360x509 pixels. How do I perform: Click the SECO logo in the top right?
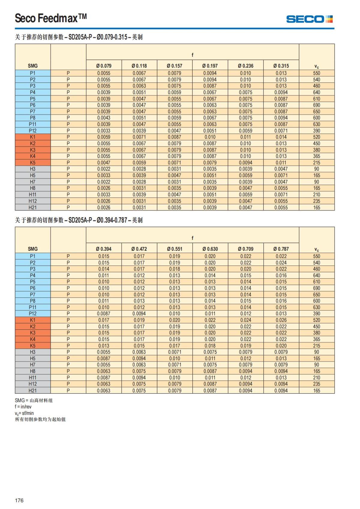(x=309, y=19)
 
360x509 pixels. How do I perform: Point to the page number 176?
(x=19, y=500)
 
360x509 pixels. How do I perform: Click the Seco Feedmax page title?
(x=51, y=18)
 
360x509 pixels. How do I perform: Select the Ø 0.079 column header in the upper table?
(x=104, y=66)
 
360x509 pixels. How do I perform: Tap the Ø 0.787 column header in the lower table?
(x=281, y=249)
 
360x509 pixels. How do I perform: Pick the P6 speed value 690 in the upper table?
(x=316, y=105)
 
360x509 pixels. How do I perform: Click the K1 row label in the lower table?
(x=33, y=320)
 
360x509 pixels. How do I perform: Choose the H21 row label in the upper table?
(x=33, y=208)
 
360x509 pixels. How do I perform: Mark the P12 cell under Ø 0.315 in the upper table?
(x=281, y=131)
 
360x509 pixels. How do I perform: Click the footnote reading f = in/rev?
(x=23, y=407)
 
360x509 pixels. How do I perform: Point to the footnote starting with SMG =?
(x=34, y=400)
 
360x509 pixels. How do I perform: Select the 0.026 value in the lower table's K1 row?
(x=281, y=320)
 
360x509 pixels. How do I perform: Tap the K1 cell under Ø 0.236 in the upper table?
(x=245, y=137)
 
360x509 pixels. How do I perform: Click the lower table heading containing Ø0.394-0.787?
(x=79, y=220)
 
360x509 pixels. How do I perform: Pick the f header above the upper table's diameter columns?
(x=192, y=55)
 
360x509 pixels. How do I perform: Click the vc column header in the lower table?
(x=316, y=249)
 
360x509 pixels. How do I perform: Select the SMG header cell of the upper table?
(x=33, y=66)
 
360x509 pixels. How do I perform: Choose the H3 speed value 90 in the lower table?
(x=316, y=352)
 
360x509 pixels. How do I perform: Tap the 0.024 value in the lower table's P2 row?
(x=281, y=263)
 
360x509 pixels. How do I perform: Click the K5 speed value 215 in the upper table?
(x=316, y=163)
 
